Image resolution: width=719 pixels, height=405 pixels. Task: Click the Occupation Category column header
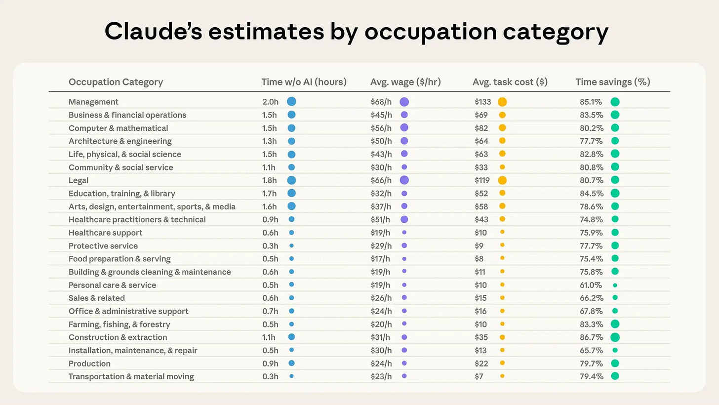[x=116, y=82]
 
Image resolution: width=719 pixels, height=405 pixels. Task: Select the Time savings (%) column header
[x=612, y=82]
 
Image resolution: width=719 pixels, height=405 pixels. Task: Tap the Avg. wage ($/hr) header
[x=405, y=82]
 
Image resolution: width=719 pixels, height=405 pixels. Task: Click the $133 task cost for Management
[x=482, y=102]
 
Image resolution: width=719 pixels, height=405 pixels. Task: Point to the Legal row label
[x=79, y=180]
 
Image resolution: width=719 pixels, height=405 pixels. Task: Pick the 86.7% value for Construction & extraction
[x=591, y=337]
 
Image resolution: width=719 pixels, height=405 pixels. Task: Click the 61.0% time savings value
[x=591, y=285]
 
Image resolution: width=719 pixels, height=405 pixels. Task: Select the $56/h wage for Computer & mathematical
[x=381, y=128]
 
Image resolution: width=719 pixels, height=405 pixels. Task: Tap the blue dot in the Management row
[x=291, y=102]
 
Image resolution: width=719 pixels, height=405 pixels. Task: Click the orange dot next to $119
[x=502, y=180]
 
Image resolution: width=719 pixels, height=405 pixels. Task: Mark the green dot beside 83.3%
[x=615, y=324]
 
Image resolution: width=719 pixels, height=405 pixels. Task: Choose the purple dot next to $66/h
[x=404, y=180]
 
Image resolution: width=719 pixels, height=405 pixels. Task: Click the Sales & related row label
[x=96, y=298]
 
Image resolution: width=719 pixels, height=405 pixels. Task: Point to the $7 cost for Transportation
[x=479, y=376]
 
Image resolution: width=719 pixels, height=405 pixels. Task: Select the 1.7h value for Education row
[x=270, y=193]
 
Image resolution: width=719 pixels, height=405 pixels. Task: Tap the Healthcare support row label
[x=105, y=233]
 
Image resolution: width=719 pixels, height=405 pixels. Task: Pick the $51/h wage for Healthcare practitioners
[x=381, y=219]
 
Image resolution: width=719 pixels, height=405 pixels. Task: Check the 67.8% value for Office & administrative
[x=591, y=311]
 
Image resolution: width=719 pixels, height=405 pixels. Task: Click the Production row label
[x=89, y=364]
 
